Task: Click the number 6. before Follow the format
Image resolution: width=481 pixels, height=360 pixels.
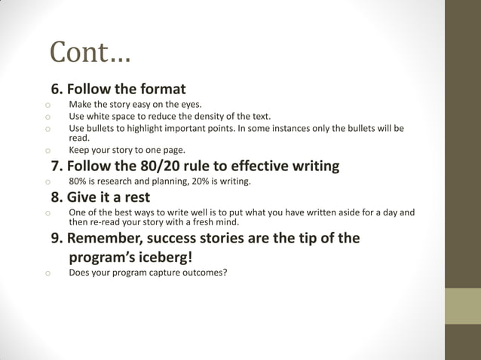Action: [57, 88]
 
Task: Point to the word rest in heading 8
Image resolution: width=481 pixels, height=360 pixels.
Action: [136, 198]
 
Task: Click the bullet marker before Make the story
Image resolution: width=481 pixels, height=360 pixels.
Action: [47, 105]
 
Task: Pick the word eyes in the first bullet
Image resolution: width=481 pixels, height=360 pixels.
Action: [190, 105]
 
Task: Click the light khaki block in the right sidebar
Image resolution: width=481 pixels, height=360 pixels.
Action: [463, 306]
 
